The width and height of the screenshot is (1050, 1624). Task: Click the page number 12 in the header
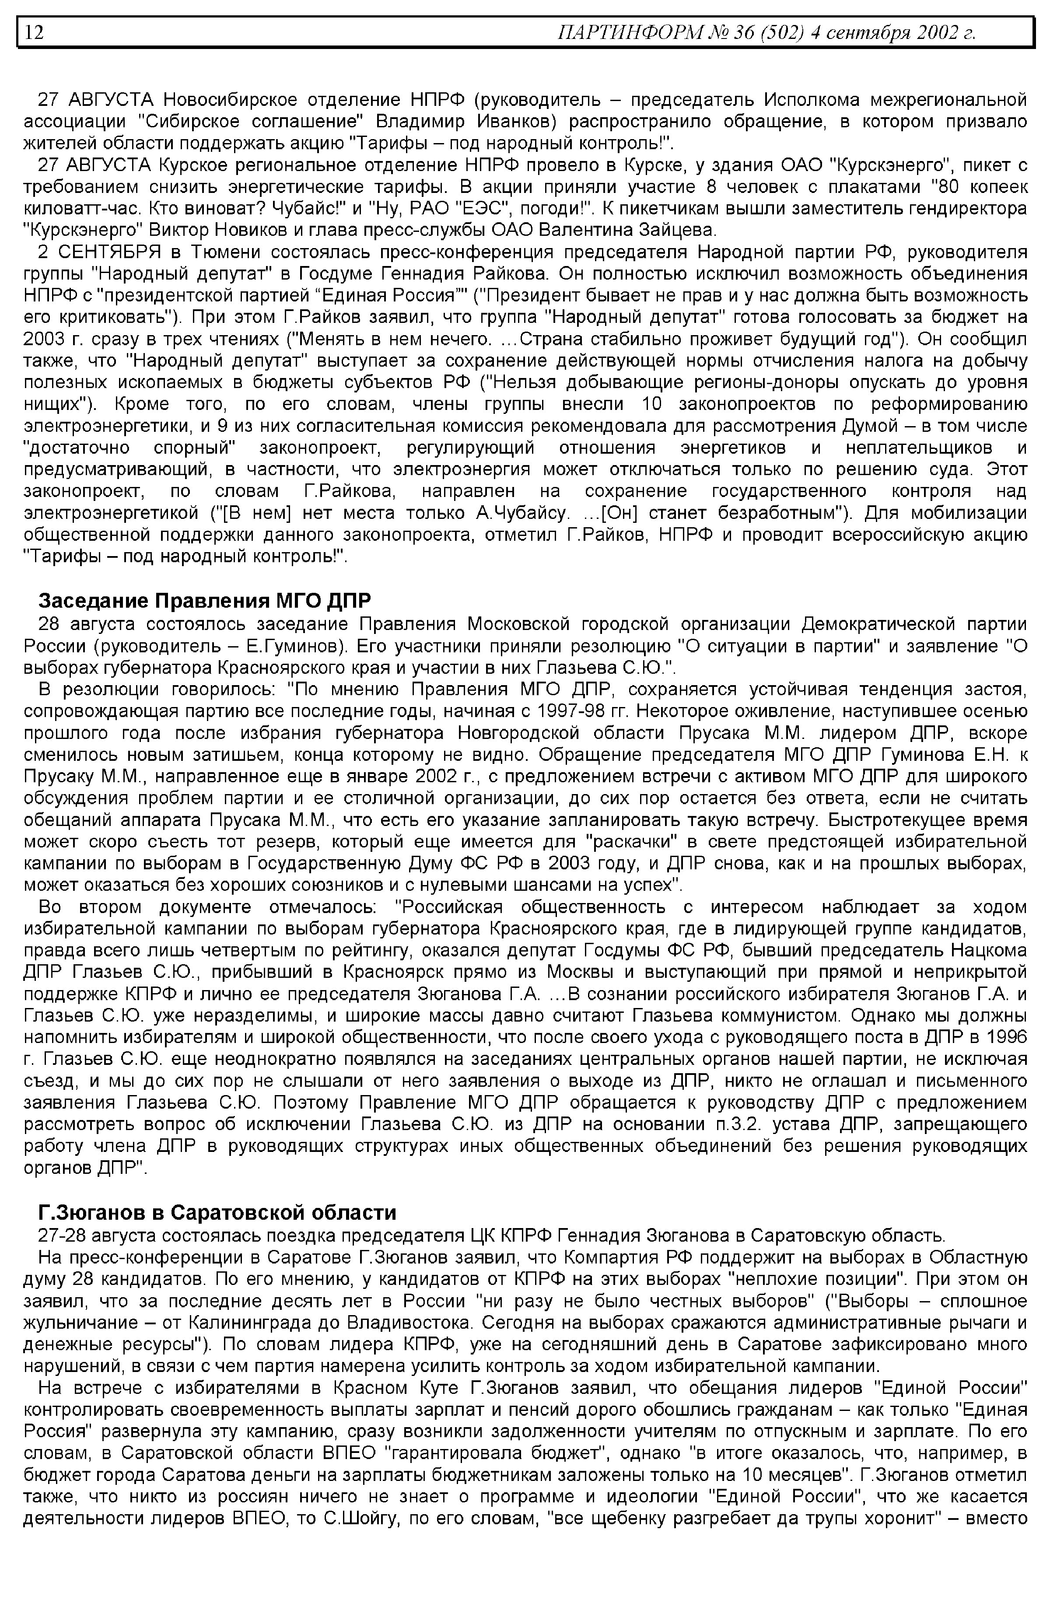coord(34,32)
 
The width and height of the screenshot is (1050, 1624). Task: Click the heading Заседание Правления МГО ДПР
coord(205,601)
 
